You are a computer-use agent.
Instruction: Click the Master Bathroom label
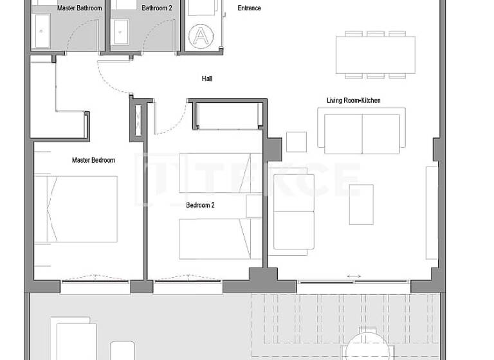pos(80,8)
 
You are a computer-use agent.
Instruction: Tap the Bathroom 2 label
pos(157,8)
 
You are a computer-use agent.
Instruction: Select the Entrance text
pos(231,8)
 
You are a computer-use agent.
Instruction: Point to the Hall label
pos(206,78)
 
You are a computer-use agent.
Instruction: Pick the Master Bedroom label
pos(93,159)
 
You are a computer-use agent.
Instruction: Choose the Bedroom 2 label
pos(200,205)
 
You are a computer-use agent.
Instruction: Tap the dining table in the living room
pos(375,54)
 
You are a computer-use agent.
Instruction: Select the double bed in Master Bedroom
pos(76,209)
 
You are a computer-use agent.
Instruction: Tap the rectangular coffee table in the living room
pos(361,204)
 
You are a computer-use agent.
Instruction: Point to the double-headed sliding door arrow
pos(353,276)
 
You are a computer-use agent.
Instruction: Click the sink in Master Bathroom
pos(42,30)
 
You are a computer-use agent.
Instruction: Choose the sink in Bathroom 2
pos(121,30)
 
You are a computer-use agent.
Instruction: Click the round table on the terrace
pos(369,347)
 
